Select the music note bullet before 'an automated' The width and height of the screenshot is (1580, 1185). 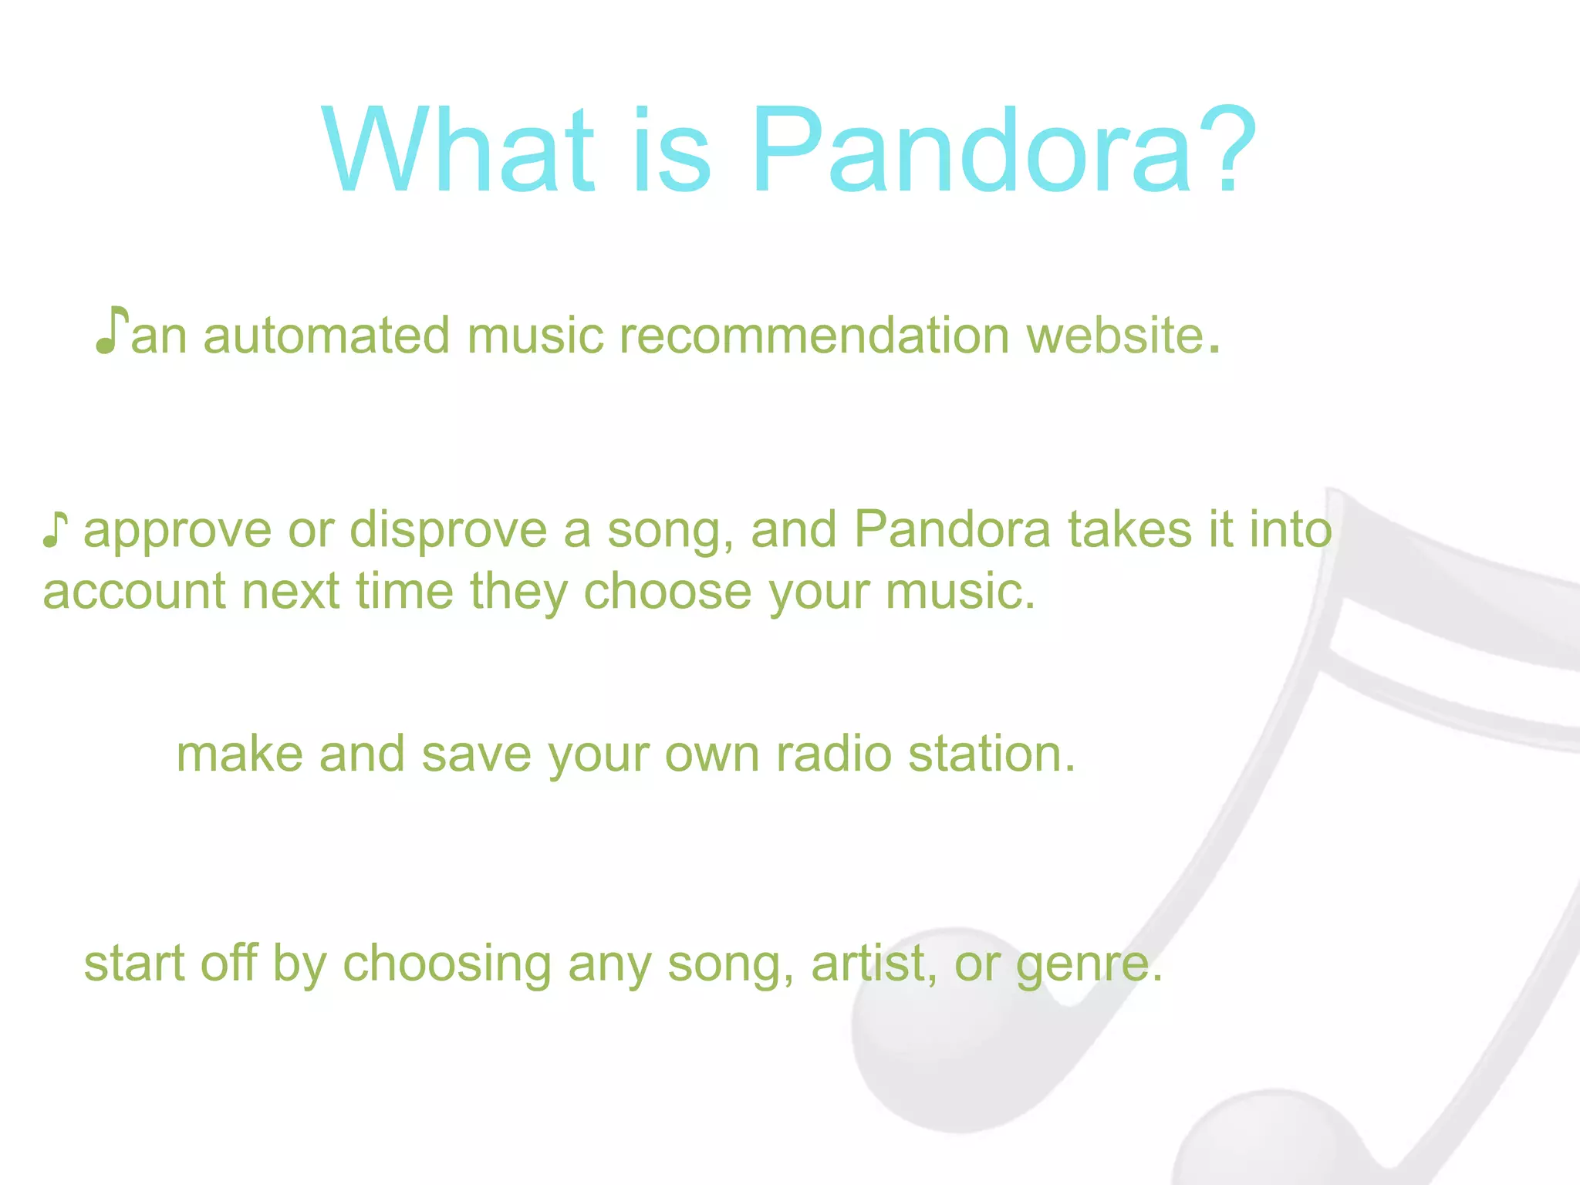click(x=111, y=331)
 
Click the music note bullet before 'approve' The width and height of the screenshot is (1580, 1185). click(x=55, y=530)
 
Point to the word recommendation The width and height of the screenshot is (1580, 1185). click(x=814, y=336)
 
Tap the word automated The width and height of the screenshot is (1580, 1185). click(x=326, y=336)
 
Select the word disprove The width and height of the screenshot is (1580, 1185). click(x=448, y=531)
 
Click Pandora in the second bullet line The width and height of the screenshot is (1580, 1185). click(x=952, y=531)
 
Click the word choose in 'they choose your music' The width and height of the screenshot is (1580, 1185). click(x=667, y=592)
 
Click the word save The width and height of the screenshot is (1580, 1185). click(x=476, y=755)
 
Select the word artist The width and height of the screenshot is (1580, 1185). click(x=869, y=964)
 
